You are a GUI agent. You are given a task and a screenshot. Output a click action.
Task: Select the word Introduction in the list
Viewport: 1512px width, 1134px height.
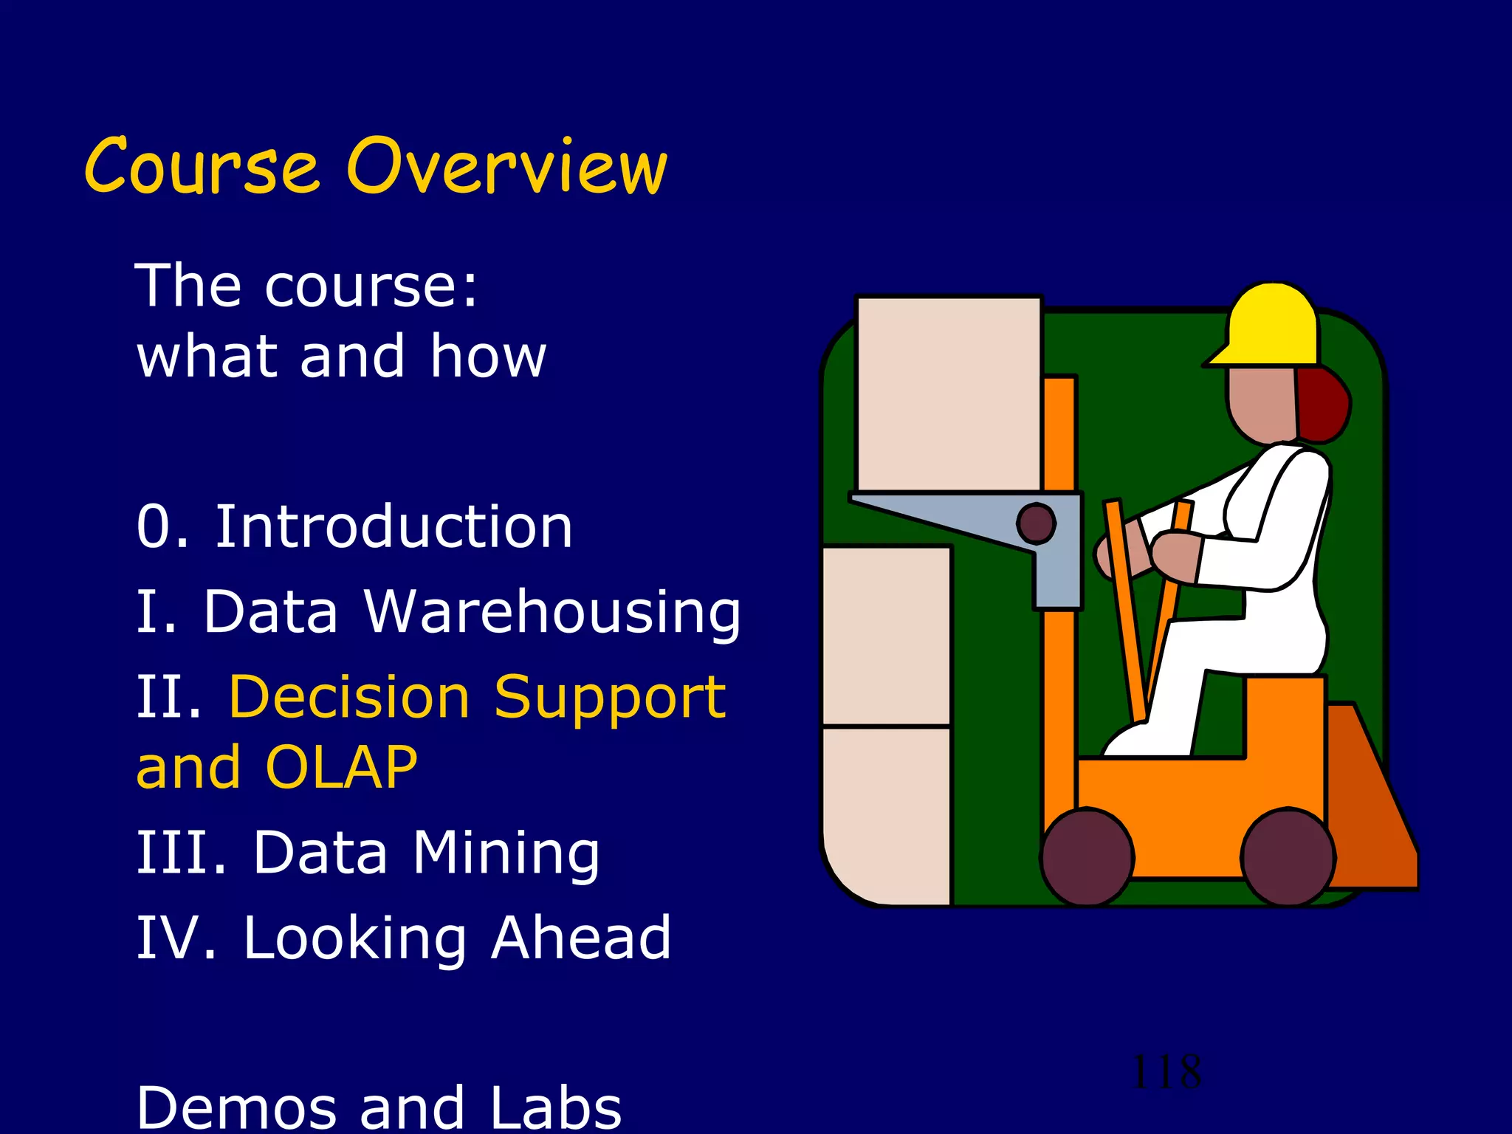tap(394, 527)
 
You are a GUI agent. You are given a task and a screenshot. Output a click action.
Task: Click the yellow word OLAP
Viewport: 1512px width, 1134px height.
tap(341, 768)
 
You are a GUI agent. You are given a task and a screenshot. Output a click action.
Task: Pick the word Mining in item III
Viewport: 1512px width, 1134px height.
tap(506, 853)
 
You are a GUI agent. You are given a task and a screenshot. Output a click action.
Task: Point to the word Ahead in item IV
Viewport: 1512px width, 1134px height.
tap(581, 938)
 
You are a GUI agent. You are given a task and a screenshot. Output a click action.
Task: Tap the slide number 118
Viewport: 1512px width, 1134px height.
tap(1166, 1071)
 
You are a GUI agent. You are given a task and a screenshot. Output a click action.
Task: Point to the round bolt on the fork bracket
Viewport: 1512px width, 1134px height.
tap(1036, 523)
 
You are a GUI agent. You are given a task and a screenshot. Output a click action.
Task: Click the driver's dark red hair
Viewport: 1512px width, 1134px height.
tap(1324, 406)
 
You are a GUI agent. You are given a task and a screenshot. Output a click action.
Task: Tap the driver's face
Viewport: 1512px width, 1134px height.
tap(1261, 405)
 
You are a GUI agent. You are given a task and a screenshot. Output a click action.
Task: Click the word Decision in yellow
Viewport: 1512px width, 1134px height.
tap(349, 697)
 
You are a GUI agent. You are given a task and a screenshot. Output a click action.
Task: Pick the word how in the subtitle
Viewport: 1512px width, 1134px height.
tap(488, 356)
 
